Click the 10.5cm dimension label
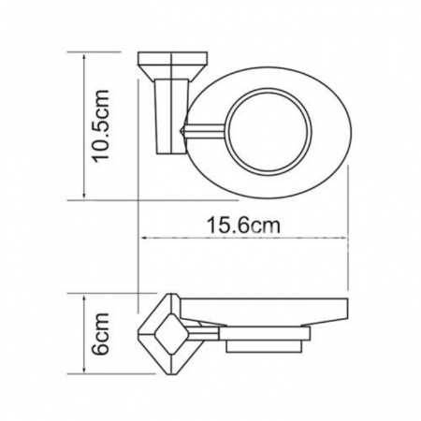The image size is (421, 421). [x=101, y=126]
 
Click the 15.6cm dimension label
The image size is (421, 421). [x=243, y=225]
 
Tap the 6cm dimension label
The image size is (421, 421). [x=101, y=334]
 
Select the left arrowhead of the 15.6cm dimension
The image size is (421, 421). [x=146, y=239]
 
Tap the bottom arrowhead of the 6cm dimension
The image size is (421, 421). [x=84, y=369]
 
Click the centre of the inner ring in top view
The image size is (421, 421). [x=268, y=131]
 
